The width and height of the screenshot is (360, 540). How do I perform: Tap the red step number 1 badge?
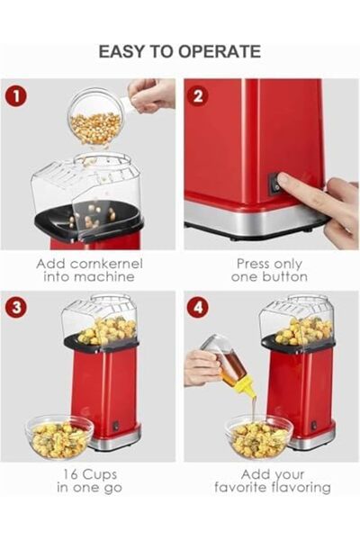click(x=16, y=94)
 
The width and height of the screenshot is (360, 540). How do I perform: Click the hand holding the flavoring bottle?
click(x=200, y=367)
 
